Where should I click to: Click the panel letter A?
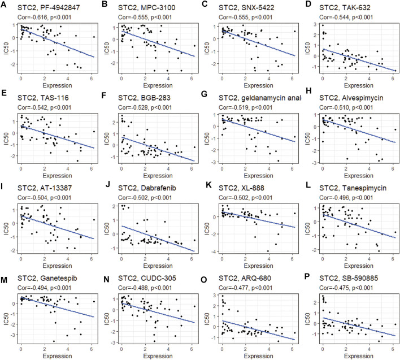tap(3, 5)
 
